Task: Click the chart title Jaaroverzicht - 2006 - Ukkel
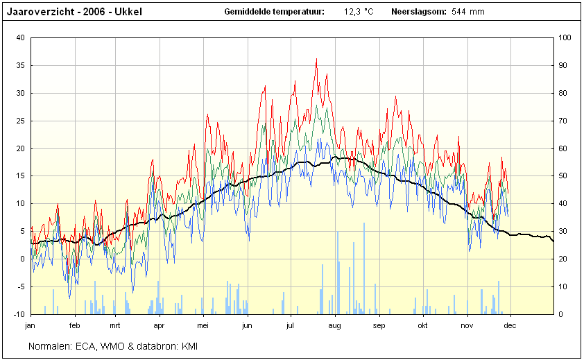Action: [74, 12]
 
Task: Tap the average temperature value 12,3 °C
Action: [359, 12]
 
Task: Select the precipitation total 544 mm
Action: [468, 12]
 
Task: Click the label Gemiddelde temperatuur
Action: [275, 12]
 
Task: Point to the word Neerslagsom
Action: [419, 12]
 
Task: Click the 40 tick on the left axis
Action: [21, 37]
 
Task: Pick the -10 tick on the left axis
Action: [19, 314]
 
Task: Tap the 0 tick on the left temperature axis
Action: [23, 259]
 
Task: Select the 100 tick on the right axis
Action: [565, 37]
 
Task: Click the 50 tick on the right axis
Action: [562, 176]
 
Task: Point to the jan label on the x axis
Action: [30, 325]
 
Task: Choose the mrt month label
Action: [114, 325]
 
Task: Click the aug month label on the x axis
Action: [334, 326]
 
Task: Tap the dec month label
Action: [510, 325]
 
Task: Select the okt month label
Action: [422, 325]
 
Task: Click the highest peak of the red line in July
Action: [316, 58]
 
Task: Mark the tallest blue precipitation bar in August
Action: [364, 268]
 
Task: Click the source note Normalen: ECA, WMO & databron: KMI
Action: [113, 346]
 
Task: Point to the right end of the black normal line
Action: [553, 241]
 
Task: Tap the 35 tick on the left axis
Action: [21, 66]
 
